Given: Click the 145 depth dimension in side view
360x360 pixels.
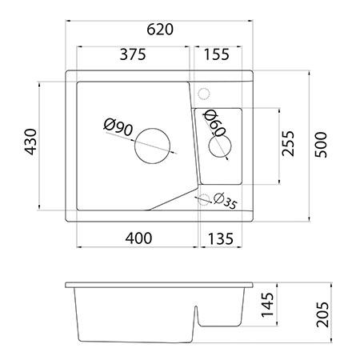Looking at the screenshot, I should [268, 306].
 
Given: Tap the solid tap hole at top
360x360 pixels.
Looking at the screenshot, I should [203, 92].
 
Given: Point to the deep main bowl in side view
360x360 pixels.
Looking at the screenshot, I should [132, 316].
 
